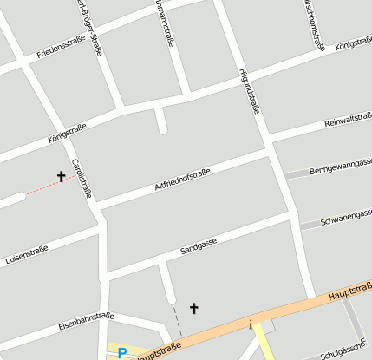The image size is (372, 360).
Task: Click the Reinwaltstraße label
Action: pos(348,121)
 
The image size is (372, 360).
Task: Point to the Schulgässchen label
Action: pos(342,350)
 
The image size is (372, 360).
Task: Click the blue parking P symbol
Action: pos(122,353)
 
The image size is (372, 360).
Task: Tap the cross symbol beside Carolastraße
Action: pos(62,177)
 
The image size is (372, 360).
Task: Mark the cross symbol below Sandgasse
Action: pos(193,308)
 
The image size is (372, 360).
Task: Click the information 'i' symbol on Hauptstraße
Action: pos(251,325)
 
